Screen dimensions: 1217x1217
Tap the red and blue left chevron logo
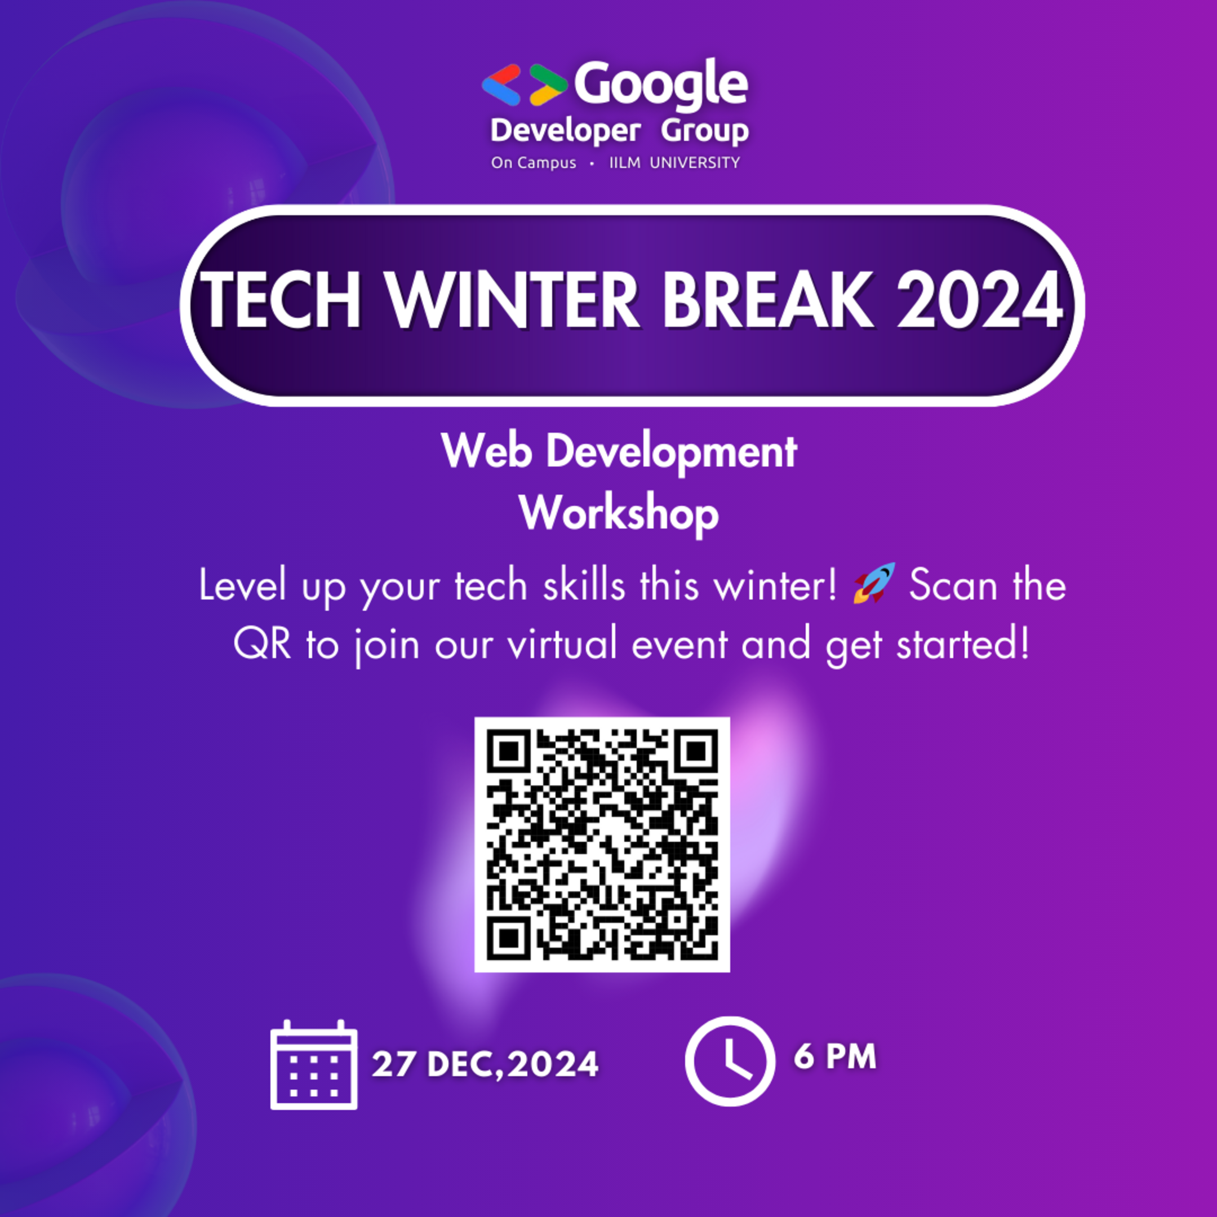point(501,85)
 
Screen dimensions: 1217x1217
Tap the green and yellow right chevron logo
point(548,85)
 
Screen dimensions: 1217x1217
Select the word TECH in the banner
point(281,301)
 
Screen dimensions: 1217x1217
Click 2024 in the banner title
point(980,301)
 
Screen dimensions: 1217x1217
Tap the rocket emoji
point(874,583)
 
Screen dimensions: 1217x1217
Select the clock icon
point(730,1061)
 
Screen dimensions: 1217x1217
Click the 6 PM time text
point(834,1056)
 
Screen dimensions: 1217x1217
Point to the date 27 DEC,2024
point(485,1064)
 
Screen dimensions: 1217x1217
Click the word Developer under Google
point(565,131)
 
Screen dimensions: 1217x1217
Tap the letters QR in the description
point(262,645)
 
